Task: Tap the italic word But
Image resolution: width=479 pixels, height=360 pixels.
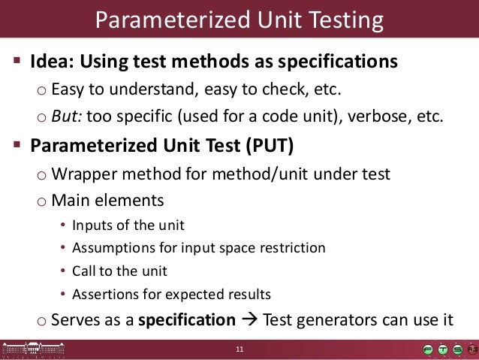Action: click(x=65, y=116)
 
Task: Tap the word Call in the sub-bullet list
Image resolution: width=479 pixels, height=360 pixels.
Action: click(x=83, y=270)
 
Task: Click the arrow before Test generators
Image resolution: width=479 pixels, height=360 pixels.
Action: click(x=249, y=320)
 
